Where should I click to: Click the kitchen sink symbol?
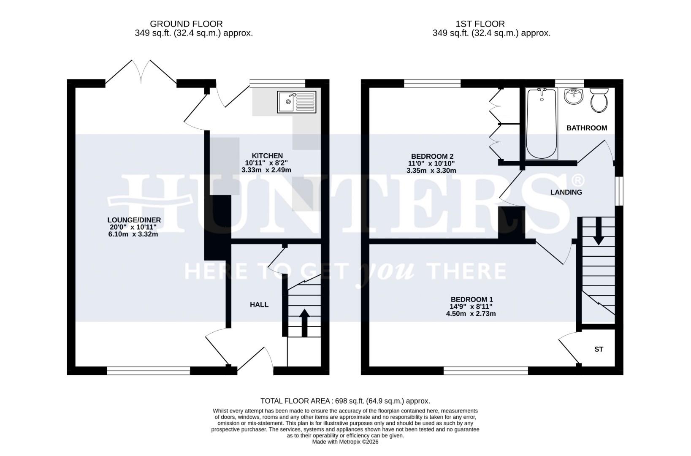296,102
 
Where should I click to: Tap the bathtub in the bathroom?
542,124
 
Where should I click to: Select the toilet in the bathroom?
599,100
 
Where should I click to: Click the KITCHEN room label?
267,156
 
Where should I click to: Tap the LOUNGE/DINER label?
134,220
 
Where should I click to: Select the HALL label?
259,305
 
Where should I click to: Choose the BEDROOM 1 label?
471,299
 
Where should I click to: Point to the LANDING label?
566,193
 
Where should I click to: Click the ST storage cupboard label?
599,350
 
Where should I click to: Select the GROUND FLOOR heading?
186,24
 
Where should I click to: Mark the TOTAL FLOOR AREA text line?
345,401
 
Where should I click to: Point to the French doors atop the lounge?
141,72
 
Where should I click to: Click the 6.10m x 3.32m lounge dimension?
133,234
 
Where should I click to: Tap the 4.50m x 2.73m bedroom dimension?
471,314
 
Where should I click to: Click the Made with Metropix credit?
345,442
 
